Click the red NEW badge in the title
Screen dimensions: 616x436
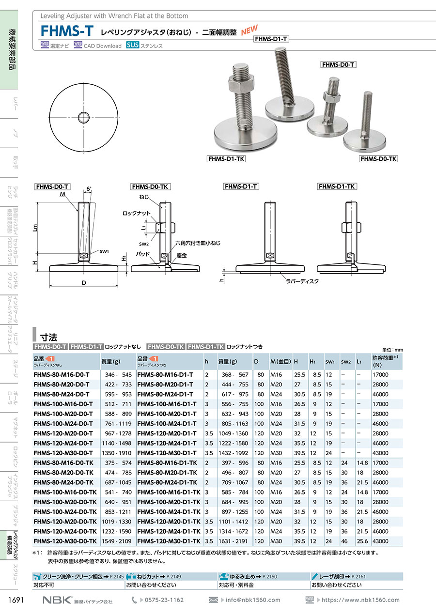(x=249, y=30)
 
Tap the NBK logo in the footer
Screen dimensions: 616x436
(x=57, y=600)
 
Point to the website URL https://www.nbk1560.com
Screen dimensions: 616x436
(x=360, y=600)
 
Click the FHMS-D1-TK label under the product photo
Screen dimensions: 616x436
(x=226, y=159)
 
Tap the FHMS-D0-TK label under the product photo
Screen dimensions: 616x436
(x=378, y=158)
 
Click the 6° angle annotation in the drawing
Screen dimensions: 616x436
(x=89, y=189)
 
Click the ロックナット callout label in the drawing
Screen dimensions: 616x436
(x=137, y=213)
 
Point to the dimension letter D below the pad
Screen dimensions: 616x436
(x=84, y=283)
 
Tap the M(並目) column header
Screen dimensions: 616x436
(x=280, y=361)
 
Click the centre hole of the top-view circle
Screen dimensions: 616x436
(x=84, y=117)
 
